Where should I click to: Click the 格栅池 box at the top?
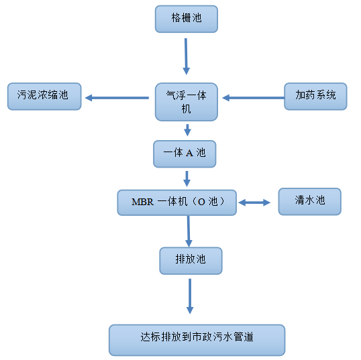coord(187,19)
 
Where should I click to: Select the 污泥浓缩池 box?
coord(44,96)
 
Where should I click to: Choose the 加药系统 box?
coord(315,96)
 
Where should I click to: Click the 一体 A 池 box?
coord(187,154)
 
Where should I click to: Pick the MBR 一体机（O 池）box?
coord(176,202)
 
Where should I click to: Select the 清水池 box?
coord(309,201)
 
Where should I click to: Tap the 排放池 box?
coord(191,260)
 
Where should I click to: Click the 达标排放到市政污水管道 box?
coord(197,339)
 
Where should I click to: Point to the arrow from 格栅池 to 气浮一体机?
coord(186,56)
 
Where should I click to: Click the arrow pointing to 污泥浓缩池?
coord(117,98)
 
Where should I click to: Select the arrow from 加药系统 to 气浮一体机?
coord(253,98)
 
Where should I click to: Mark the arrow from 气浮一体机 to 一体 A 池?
coord(187,130)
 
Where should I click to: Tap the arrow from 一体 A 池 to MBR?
coord(187,178)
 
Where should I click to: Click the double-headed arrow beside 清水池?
coord(254,202)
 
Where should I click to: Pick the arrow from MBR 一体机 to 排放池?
coord(189,231)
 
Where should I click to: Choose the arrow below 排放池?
coord(190,296)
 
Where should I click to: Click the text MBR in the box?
coord(142,202)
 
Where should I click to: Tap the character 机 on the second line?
coord(187,109)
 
